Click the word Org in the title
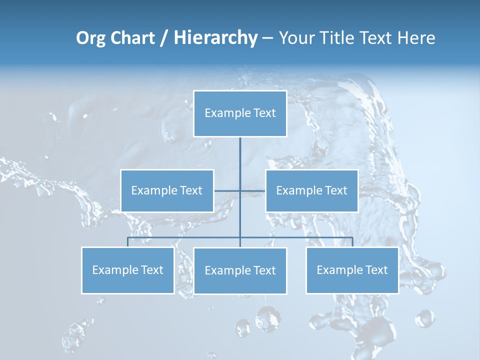[x=91, y=38]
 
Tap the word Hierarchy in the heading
[x=215, y=38]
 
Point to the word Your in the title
[x=296, y=38]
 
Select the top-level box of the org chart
[x=240, y=113]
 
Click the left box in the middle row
[x=167, y=190]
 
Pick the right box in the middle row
[x=312, y=190]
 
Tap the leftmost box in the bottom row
[x=127, y=270]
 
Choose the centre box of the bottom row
[x=240, y=270]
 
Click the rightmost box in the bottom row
[x=352, y=270]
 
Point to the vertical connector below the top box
[x=240, y=160]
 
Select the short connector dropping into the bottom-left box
[x=127, y=242]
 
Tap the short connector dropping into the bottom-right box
[x=352, y=242]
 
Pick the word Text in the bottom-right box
[x=376, y=270]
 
